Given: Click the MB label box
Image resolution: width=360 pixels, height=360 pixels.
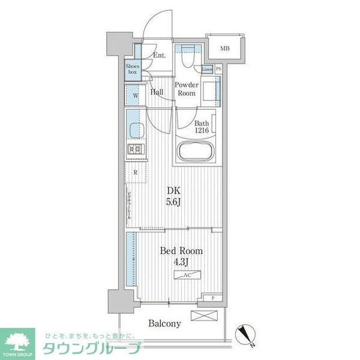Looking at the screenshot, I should click(224, 49).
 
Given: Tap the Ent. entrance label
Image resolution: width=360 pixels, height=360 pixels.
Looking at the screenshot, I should click(159, 56).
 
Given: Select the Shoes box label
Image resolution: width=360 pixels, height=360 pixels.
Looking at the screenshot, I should click(132, 69).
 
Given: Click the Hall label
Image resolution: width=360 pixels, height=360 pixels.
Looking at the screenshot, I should click(158, 92).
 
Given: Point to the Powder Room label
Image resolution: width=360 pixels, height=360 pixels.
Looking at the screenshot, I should click(186, 89).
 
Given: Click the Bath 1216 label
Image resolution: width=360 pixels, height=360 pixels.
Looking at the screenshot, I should click(201, 127).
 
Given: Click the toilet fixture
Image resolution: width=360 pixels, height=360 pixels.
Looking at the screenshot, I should click(186, 59).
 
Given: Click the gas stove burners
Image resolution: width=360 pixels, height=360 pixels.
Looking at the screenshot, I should click(134, 149).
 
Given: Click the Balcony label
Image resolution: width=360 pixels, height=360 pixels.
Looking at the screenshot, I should click(164, 323).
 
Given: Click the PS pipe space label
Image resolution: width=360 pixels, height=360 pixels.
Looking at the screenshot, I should click(218, 69).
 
